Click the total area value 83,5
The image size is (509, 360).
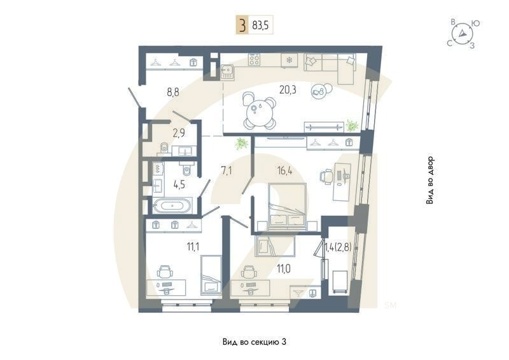(x=260, y=26)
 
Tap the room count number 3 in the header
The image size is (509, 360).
(x=242, y=26)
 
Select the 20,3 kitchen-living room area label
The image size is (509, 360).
(x=288, y=90)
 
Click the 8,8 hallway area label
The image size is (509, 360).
(x=173, y=92)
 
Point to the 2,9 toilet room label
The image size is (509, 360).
(x=179, y=134)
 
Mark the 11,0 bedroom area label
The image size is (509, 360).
(x=284, y=269)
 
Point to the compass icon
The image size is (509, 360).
(x=463, y=34)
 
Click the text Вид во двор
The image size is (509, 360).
(x=431, y=180)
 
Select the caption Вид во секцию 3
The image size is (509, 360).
(x=254, y=342)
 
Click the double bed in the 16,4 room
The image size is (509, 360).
(x=287, y=207)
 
